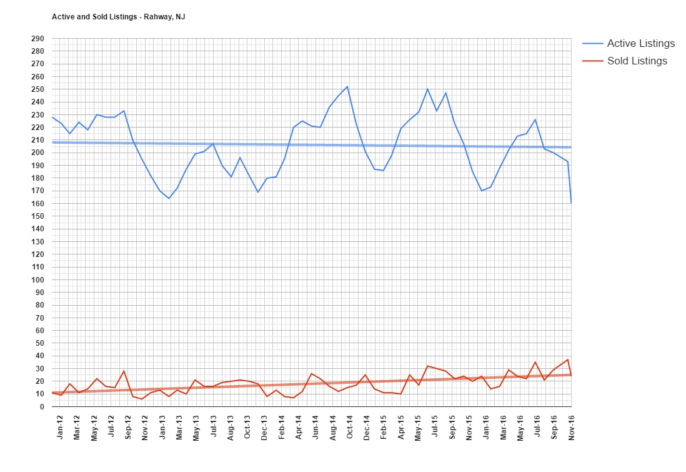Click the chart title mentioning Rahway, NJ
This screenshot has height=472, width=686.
(118, 16)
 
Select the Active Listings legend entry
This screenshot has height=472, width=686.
(640, 44)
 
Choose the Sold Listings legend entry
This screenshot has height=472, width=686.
(637, 61)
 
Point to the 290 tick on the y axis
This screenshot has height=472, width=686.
(38, 39)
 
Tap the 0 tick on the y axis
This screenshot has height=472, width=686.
(41, 407)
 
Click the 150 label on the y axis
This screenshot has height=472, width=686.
(38, 216)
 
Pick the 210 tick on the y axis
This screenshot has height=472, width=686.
(38, 140)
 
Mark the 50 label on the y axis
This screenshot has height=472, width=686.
(39, 343)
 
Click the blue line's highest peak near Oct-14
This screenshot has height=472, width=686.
(347, 86)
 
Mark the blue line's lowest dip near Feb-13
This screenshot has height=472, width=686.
(169, 198)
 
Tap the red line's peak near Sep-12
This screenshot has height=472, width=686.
(124, 371)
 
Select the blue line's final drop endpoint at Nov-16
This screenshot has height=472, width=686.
(571, 203)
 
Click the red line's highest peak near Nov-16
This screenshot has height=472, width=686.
(567, 359)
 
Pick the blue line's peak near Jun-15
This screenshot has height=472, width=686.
(427, 89)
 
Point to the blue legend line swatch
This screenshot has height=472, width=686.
(592, 44)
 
